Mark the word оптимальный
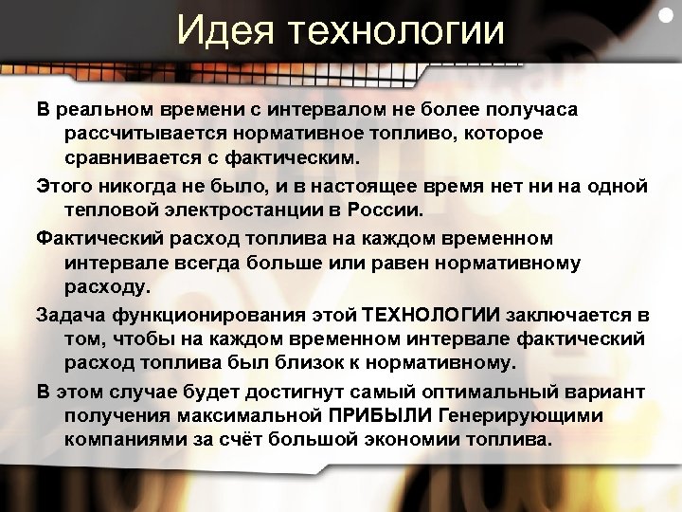pyautogui.click(x=458, y=392)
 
